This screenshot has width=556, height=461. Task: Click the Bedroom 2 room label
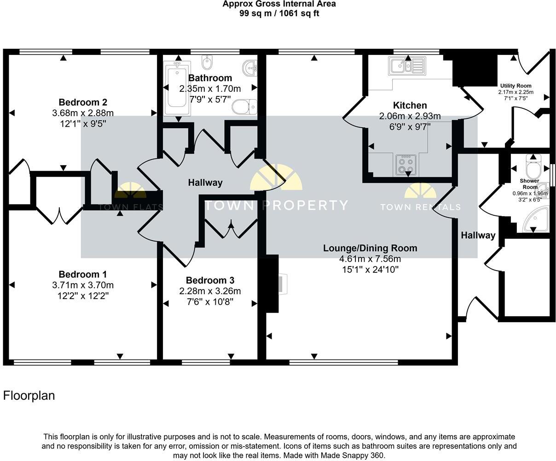(83, 102)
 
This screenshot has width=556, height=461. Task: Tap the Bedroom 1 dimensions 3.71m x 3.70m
(83, 285)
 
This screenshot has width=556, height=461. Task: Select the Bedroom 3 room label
(210, 280)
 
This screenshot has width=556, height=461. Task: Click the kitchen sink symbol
(406, 65)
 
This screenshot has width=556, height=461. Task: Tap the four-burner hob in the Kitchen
(406, 165)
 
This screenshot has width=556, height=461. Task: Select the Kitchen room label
(410, 106)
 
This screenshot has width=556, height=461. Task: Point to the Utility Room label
(515, 86)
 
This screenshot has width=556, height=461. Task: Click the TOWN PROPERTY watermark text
(276, 205)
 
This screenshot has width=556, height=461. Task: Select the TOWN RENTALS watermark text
(420, 207)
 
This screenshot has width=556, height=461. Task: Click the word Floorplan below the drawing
(29, 396)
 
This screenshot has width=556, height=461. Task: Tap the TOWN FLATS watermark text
(131, 207)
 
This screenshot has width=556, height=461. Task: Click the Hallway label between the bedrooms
(205, 183)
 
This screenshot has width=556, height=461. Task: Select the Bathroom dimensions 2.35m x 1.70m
(210, 89)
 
